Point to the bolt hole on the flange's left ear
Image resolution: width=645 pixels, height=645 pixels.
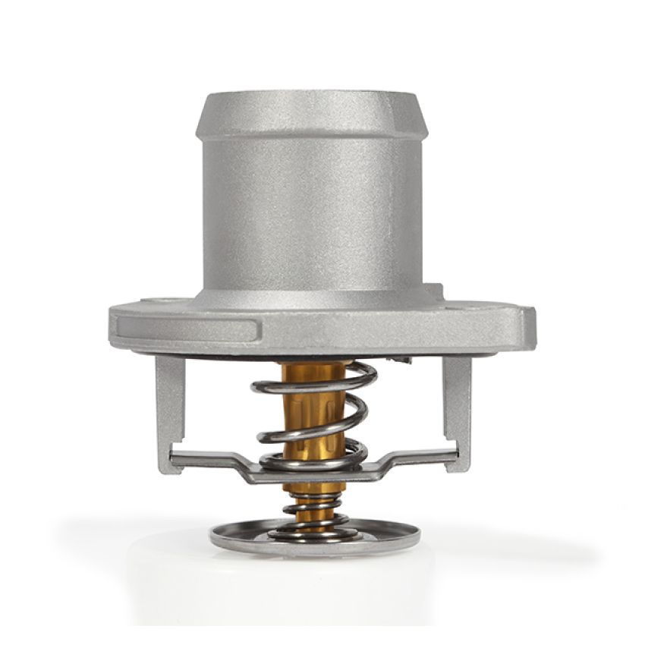pyautogui.click(x=162, y=302)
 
